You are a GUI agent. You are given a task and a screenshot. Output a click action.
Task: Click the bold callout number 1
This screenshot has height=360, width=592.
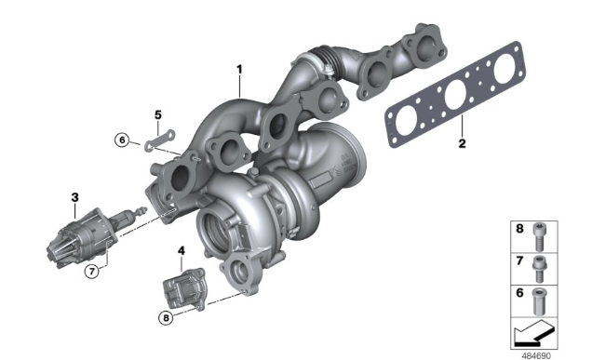(239, 70)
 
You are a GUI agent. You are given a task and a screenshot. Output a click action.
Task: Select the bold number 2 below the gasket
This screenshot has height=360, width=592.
(462, 143)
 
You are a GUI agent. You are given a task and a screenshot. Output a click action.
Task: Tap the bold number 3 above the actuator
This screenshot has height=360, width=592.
(75, 197)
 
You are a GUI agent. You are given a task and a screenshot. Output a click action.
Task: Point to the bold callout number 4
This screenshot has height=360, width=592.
(182, 250)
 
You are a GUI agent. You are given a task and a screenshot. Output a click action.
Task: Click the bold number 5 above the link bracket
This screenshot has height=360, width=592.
(158, 114)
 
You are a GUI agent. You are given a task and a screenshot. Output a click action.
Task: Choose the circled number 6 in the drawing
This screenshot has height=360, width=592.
(122, 140)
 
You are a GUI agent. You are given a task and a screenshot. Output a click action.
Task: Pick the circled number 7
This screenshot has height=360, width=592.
(92, 271)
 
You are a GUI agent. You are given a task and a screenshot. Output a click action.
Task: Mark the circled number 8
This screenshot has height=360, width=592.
(166, 318)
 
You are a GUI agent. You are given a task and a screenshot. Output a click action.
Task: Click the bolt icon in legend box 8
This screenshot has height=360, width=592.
(539, 236)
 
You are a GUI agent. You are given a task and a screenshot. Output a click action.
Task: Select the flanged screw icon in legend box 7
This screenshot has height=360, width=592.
(539, 269)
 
